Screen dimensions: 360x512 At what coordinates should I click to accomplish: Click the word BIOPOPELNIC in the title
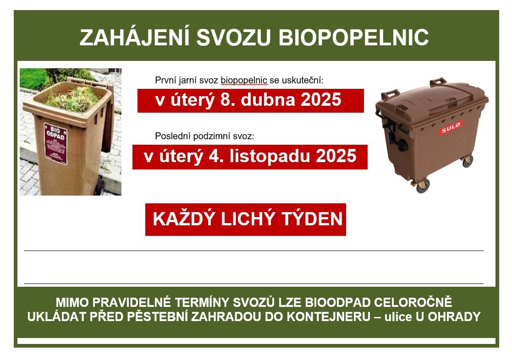tap(354, 38)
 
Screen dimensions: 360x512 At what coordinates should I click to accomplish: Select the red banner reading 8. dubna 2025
tap(250, 100)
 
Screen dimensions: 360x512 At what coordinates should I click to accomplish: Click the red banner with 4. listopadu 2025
tap(250, 157)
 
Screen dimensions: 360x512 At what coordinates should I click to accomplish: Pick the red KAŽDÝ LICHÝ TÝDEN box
tap(246, 219)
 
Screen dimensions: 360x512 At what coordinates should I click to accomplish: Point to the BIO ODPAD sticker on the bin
tap(55, 143)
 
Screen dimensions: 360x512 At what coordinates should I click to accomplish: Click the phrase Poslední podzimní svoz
tap(204, 136)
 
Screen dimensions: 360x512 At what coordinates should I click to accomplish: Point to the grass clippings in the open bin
tap(71, 98)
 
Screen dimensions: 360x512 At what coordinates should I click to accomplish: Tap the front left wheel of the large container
tap(423, 185)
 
